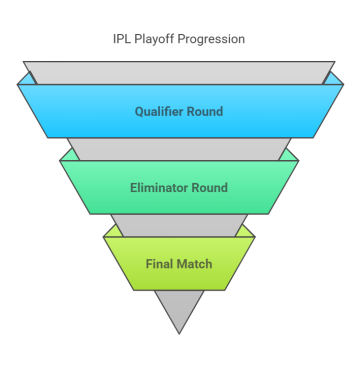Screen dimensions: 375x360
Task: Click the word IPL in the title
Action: (122, 39)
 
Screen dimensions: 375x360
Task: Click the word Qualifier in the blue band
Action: (160, 112)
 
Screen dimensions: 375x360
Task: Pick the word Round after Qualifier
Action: (205, 112)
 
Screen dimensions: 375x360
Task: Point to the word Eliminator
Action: (160, 188)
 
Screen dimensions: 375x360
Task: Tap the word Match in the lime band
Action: (196, 265)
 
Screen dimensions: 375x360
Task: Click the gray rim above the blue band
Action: (179, 72)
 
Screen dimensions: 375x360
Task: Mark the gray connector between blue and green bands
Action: (179, 148)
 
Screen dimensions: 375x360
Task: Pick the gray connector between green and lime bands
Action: (179, 224)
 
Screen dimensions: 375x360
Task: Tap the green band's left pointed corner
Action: (61, 160)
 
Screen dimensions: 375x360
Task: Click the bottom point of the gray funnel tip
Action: (179, 332)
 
